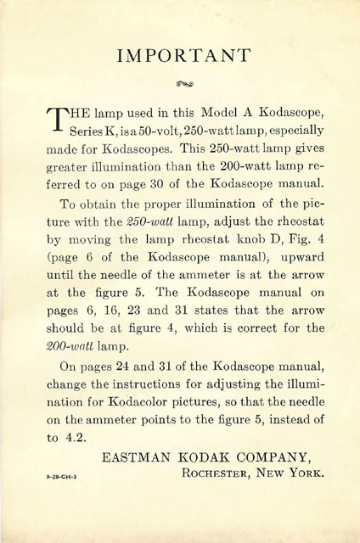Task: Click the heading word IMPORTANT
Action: [x=180, y=57]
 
